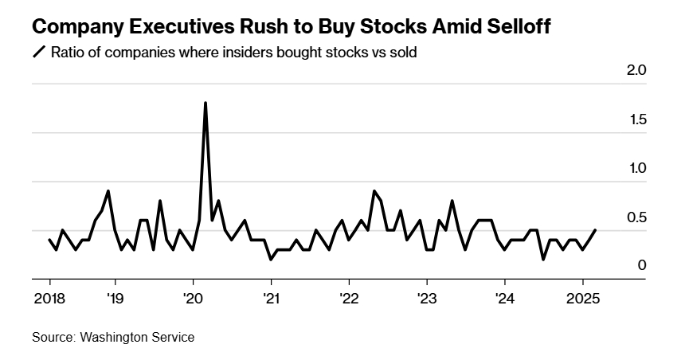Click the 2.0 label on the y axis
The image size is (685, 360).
(636, 71)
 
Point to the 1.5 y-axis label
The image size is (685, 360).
(636, 119)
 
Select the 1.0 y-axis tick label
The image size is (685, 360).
(636, 169)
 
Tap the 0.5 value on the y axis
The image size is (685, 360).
(636, 217)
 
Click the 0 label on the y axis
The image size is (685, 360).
(640, 266)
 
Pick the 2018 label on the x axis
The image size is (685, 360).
(49, 299)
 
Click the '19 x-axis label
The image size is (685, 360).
(115, 299)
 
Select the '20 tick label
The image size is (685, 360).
(193, 299)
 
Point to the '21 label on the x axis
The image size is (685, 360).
(271, 299)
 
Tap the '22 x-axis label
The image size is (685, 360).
(349, 299)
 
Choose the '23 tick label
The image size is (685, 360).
(427, 299)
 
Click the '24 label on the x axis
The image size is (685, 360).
(505, 299)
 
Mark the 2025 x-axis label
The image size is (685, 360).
(582, 299)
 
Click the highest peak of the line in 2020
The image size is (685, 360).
(205, 103)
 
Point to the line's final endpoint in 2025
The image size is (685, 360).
(596, 230)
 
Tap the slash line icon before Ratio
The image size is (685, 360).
(38, 53)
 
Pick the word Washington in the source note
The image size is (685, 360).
(113, 338)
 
